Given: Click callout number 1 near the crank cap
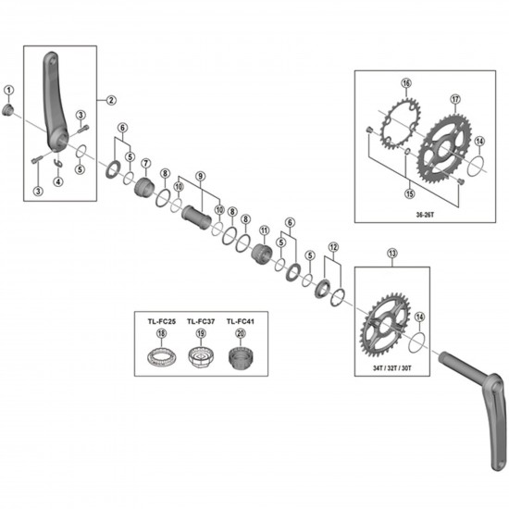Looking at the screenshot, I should (9, 90).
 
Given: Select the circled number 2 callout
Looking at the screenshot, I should (111, 99).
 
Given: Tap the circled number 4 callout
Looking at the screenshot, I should (58, 181).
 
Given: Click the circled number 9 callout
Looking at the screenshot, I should (201, 177).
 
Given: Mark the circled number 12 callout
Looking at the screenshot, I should (334, 247).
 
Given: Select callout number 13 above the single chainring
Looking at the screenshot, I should (391, 253).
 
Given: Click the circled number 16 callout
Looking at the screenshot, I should (404, 82).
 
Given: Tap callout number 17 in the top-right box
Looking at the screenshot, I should (454, 99).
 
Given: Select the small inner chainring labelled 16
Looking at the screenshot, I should (402, 127).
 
